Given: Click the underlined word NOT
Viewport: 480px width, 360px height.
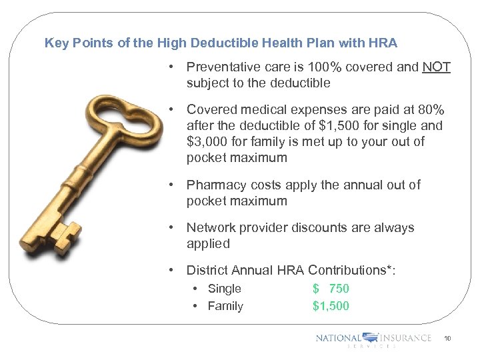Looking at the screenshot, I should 437,67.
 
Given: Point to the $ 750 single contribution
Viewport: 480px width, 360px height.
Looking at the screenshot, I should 331,289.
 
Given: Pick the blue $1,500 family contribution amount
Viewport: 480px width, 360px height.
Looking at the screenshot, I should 331,306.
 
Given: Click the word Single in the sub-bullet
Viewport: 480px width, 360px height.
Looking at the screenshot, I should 224,289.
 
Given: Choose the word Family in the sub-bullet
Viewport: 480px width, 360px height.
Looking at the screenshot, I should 225,306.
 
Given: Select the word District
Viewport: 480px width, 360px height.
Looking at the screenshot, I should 207,270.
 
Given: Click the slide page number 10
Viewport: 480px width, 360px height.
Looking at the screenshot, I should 447,339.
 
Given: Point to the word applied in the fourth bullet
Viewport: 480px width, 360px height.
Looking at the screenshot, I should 208,243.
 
